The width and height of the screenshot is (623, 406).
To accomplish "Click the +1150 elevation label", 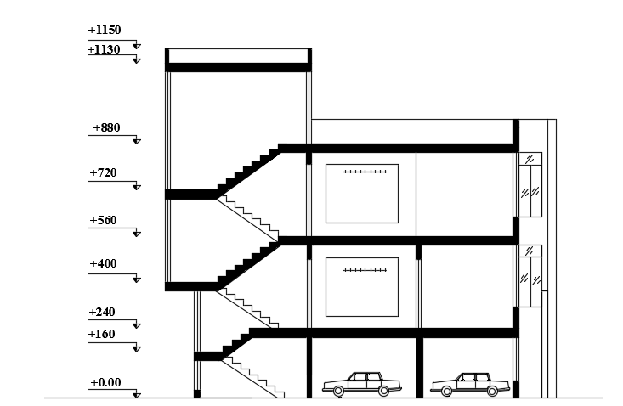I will tap(105, 31).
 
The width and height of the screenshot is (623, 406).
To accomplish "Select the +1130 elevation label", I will tap(105, 50).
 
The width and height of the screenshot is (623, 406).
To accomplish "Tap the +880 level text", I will tap(106, 128).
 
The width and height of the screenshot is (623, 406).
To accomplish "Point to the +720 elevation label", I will tap(103, 173).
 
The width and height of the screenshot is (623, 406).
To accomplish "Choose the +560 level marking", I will tap(103, 221).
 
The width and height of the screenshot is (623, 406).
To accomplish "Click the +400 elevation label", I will tap(103, 264).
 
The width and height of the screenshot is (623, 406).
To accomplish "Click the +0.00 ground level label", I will tap(105, 383).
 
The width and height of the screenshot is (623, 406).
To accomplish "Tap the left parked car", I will tap(361, 383).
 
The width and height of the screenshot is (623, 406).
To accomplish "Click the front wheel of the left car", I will tap(338, 391).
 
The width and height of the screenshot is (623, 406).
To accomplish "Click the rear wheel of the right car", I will tap(493, 391).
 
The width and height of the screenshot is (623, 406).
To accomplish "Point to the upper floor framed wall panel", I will tap(362, 194).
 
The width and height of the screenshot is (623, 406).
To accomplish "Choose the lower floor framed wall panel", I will tap(362, 286).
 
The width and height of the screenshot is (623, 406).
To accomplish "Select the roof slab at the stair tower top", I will tap(238, 66).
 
